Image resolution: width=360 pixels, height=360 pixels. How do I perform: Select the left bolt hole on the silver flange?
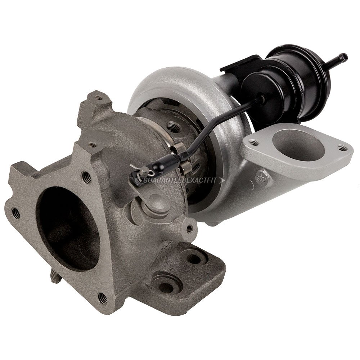(254, 143)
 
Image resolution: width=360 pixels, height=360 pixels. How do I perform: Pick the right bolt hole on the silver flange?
(341, 148)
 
